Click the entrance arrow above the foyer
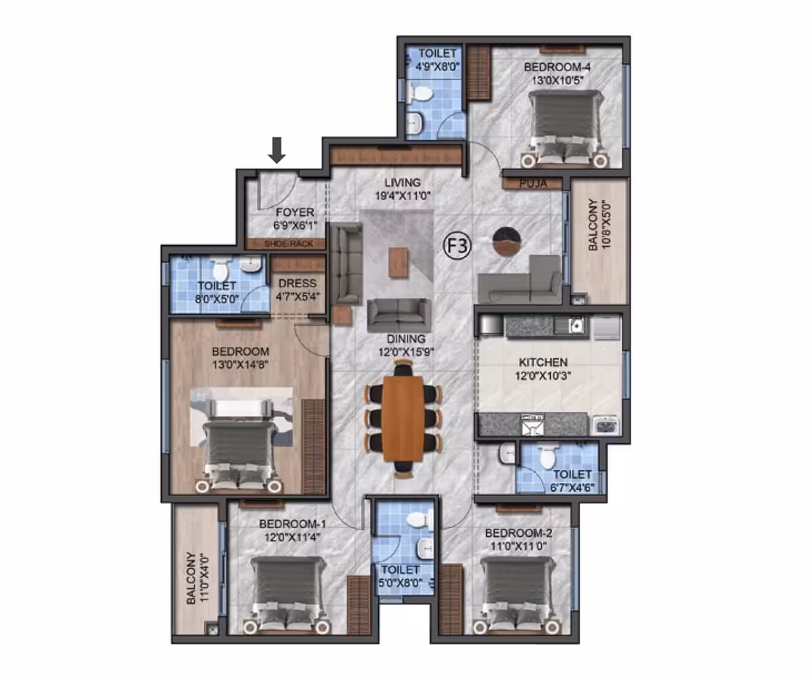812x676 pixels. click(277, 150)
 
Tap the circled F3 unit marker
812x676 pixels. click(457, 245)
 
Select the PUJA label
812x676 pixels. click(533, 183)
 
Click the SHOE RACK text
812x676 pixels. click(288, 244)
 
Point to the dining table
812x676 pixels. click(403, 418)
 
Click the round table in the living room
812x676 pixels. click(507, 241)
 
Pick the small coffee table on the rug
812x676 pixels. click(399, 262)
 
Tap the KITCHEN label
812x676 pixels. click(543, 362)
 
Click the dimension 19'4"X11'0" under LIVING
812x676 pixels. click(403, 196)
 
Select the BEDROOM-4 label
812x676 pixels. click(558, 67)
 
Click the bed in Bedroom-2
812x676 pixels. click(517, 594)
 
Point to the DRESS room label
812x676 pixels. click(298, 283)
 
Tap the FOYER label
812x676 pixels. click(295, 212)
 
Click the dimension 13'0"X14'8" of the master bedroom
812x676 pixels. click(240, 365)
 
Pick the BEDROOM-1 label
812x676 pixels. click(292, 524)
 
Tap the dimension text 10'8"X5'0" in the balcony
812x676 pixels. click(606, 224)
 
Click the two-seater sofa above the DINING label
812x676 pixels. click(399, 316)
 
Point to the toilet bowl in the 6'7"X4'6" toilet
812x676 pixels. click(547, 458)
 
